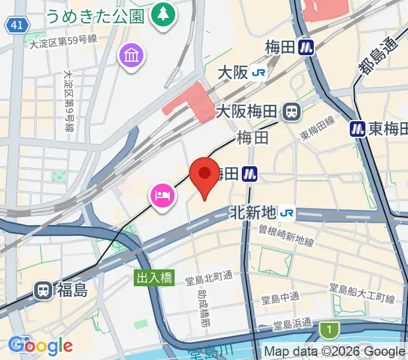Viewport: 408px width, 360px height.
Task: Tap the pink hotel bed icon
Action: [x=163, y=196]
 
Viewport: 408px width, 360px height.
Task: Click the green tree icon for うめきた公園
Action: [x=162, y=13]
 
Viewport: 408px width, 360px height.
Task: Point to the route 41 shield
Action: [x=18, y=25]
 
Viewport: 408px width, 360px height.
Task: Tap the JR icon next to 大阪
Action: [x=259, y=73]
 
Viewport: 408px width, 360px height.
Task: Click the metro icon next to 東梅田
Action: [x=358, y=128]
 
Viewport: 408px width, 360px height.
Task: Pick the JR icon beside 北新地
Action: [x=287, y=212]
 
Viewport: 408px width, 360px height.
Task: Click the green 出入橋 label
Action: [x=154, y=277]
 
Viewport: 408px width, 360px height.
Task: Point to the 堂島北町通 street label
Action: [x=209, y=277]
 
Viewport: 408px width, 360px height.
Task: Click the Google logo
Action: [x=40, y=346]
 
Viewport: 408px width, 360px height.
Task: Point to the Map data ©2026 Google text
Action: [x=334, y=352]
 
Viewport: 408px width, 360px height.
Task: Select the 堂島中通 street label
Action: [x=280, y=298]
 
